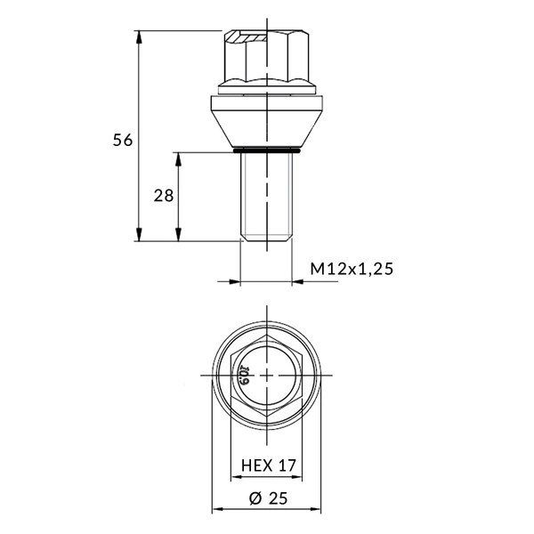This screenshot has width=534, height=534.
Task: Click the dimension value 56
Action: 123,140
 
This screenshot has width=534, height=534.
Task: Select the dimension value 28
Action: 164,196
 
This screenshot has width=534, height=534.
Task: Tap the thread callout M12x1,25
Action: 352,269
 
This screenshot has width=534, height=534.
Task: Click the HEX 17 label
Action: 269,465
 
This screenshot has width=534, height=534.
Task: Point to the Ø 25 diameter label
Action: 269,498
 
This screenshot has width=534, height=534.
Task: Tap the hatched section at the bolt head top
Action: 247,37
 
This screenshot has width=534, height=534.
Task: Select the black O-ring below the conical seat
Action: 267,150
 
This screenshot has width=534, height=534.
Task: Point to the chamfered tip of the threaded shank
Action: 267,237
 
